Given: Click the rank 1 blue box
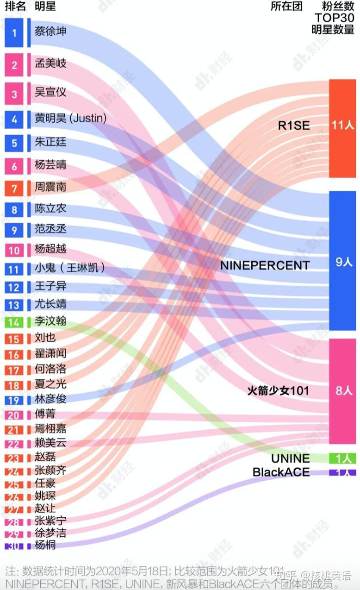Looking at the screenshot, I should coord(14,33).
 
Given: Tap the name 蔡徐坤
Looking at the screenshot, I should coord(50,32).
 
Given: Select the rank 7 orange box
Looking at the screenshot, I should coord(14,188).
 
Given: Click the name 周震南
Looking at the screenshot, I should coord(50,187).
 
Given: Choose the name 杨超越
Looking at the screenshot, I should coord(50,249).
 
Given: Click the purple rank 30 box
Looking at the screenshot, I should coord(14,546).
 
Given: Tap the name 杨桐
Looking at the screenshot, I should coord(45,545).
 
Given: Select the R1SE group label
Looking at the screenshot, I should coord(294,126).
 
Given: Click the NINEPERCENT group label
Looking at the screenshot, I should coord(265,265).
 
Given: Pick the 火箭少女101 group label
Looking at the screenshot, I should coord(278,391).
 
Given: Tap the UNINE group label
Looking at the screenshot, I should coord(291,458).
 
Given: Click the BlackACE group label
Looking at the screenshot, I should coord(281,472).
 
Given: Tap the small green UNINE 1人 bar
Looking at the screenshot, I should coord(342,458).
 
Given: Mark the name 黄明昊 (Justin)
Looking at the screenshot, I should coord(70,119).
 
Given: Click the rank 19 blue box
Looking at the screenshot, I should coord(14,401).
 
